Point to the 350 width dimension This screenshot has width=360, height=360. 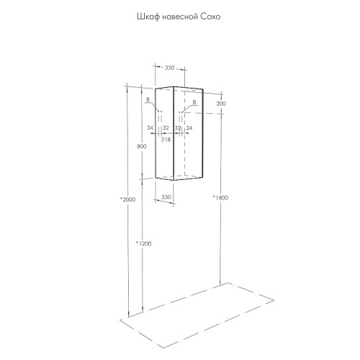(x=169, y=68)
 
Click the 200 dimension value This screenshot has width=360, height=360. (x=221, y=104)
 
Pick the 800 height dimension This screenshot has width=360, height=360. (x=141, y=146)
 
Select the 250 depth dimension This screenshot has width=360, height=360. (x=166, y=197)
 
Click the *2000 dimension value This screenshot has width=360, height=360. (x=128, y=199)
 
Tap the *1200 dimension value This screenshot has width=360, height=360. (x=144, y=243)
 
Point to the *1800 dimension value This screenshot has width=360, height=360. (x=220, y=198)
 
